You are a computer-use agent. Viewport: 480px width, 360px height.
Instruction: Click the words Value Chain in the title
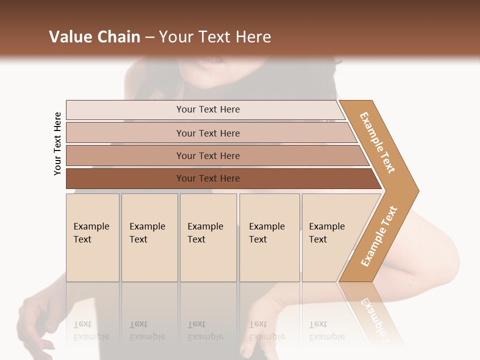[94, 37]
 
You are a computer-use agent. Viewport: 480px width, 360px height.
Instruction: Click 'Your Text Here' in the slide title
[215, 37]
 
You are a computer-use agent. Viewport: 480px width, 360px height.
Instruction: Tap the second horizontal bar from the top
[125, 133]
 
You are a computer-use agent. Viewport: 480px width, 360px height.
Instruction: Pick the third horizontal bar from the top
[125, 156]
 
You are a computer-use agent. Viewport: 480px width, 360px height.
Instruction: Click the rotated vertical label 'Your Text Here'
[58, 144]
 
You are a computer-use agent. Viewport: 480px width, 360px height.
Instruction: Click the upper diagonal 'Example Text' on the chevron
[377, 142]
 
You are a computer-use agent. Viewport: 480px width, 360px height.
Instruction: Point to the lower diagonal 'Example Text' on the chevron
[378, 236]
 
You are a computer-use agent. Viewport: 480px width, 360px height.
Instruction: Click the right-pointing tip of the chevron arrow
[415, 191]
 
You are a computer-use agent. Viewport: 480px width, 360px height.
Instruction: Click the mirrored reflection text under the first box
[91, 331]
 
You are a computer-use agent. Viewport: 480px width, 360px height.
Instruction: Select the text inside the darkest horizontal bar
[208, 178]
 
